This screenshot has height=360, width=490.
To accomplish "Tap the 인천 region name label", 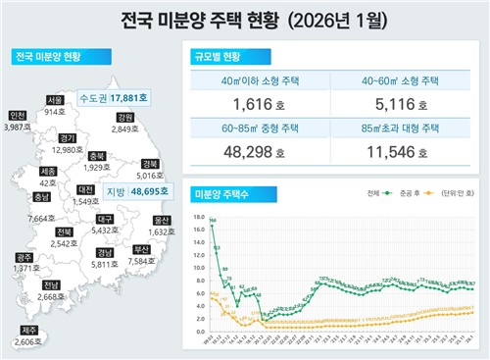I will pyautogui.click(x=16, y=116).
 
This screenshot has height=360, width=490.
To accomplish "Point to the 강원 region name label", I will pyautogui.click(x=124, y=117).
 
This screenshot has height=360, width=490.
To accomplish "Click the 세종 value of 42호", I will pyautogui.click(x=48, y=183).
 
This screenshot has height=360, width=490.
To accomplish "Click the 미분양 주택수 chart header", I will pyautogui.click(x=221, y=194).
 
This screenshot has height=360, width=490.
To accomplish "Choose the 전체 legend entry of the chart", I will pyautogui.click(x=346, y=194).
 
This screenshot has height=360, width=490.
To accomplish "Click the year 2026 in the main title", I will pyautogui.click(x=311, y=19).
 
